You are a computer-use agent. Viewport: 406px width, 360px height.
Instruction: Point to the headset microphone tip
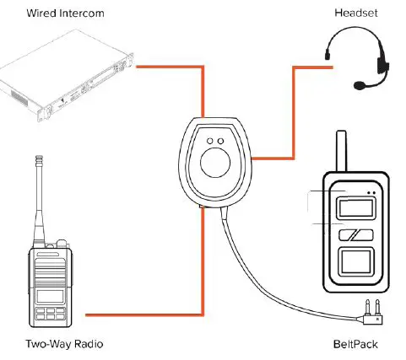[360, 84]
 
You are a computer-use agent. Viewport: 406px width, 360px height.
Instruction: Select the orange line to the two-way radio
[143, 316]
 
